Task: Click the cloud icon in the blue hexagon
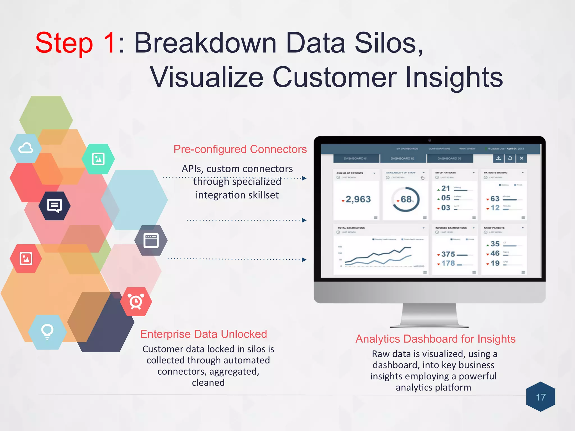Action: pyautogui.click(x=26, y=148)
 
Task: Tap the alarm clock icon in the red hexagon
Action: pyautogui.click(x=136, y=302)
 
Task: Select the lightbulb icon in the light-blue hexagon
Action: pyautogui.click(x=47, y=332)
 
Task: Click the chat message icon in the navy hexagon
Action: pyautogui.click(x=54, y=206)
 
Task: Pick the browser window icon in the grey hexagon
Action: pyautogui.click(x=151, y=240)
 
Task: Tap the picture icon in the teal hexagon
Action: pyautogui.click(x=98, y=159)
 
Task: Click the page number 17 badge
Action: pyautogui.click(x=540, y=397)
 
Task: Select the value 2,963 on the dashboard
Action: pyautogui.click(x=358, y=199)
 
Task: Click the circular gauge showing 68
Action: pyautogui.click(x=406, y=200)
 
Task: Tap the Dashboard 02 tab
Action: pyautogui.click(x=402, y=159)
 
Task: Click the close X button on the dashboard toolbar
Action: pyautogui.click(x=521, y=158)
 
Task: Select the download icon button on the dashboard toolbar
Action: pyautogui.click(x=498, y=158)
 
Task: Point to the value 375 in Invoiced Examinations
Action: pyautogui.click(x=448, y=254)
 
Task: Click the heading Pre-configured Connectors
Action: pyautogui.click(x=240, y=149)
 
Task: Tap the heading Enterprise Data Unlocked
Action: pyautogui.click(x=204, y=334)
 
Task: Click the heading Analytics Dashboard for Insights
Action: pyautogui.click(x=435, y=339)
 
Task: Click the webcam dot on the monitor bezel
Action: pyautogui.click(x=430, y=140)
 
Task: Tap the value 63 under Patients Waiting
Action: pyautogui.click(x=495, y=199)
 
